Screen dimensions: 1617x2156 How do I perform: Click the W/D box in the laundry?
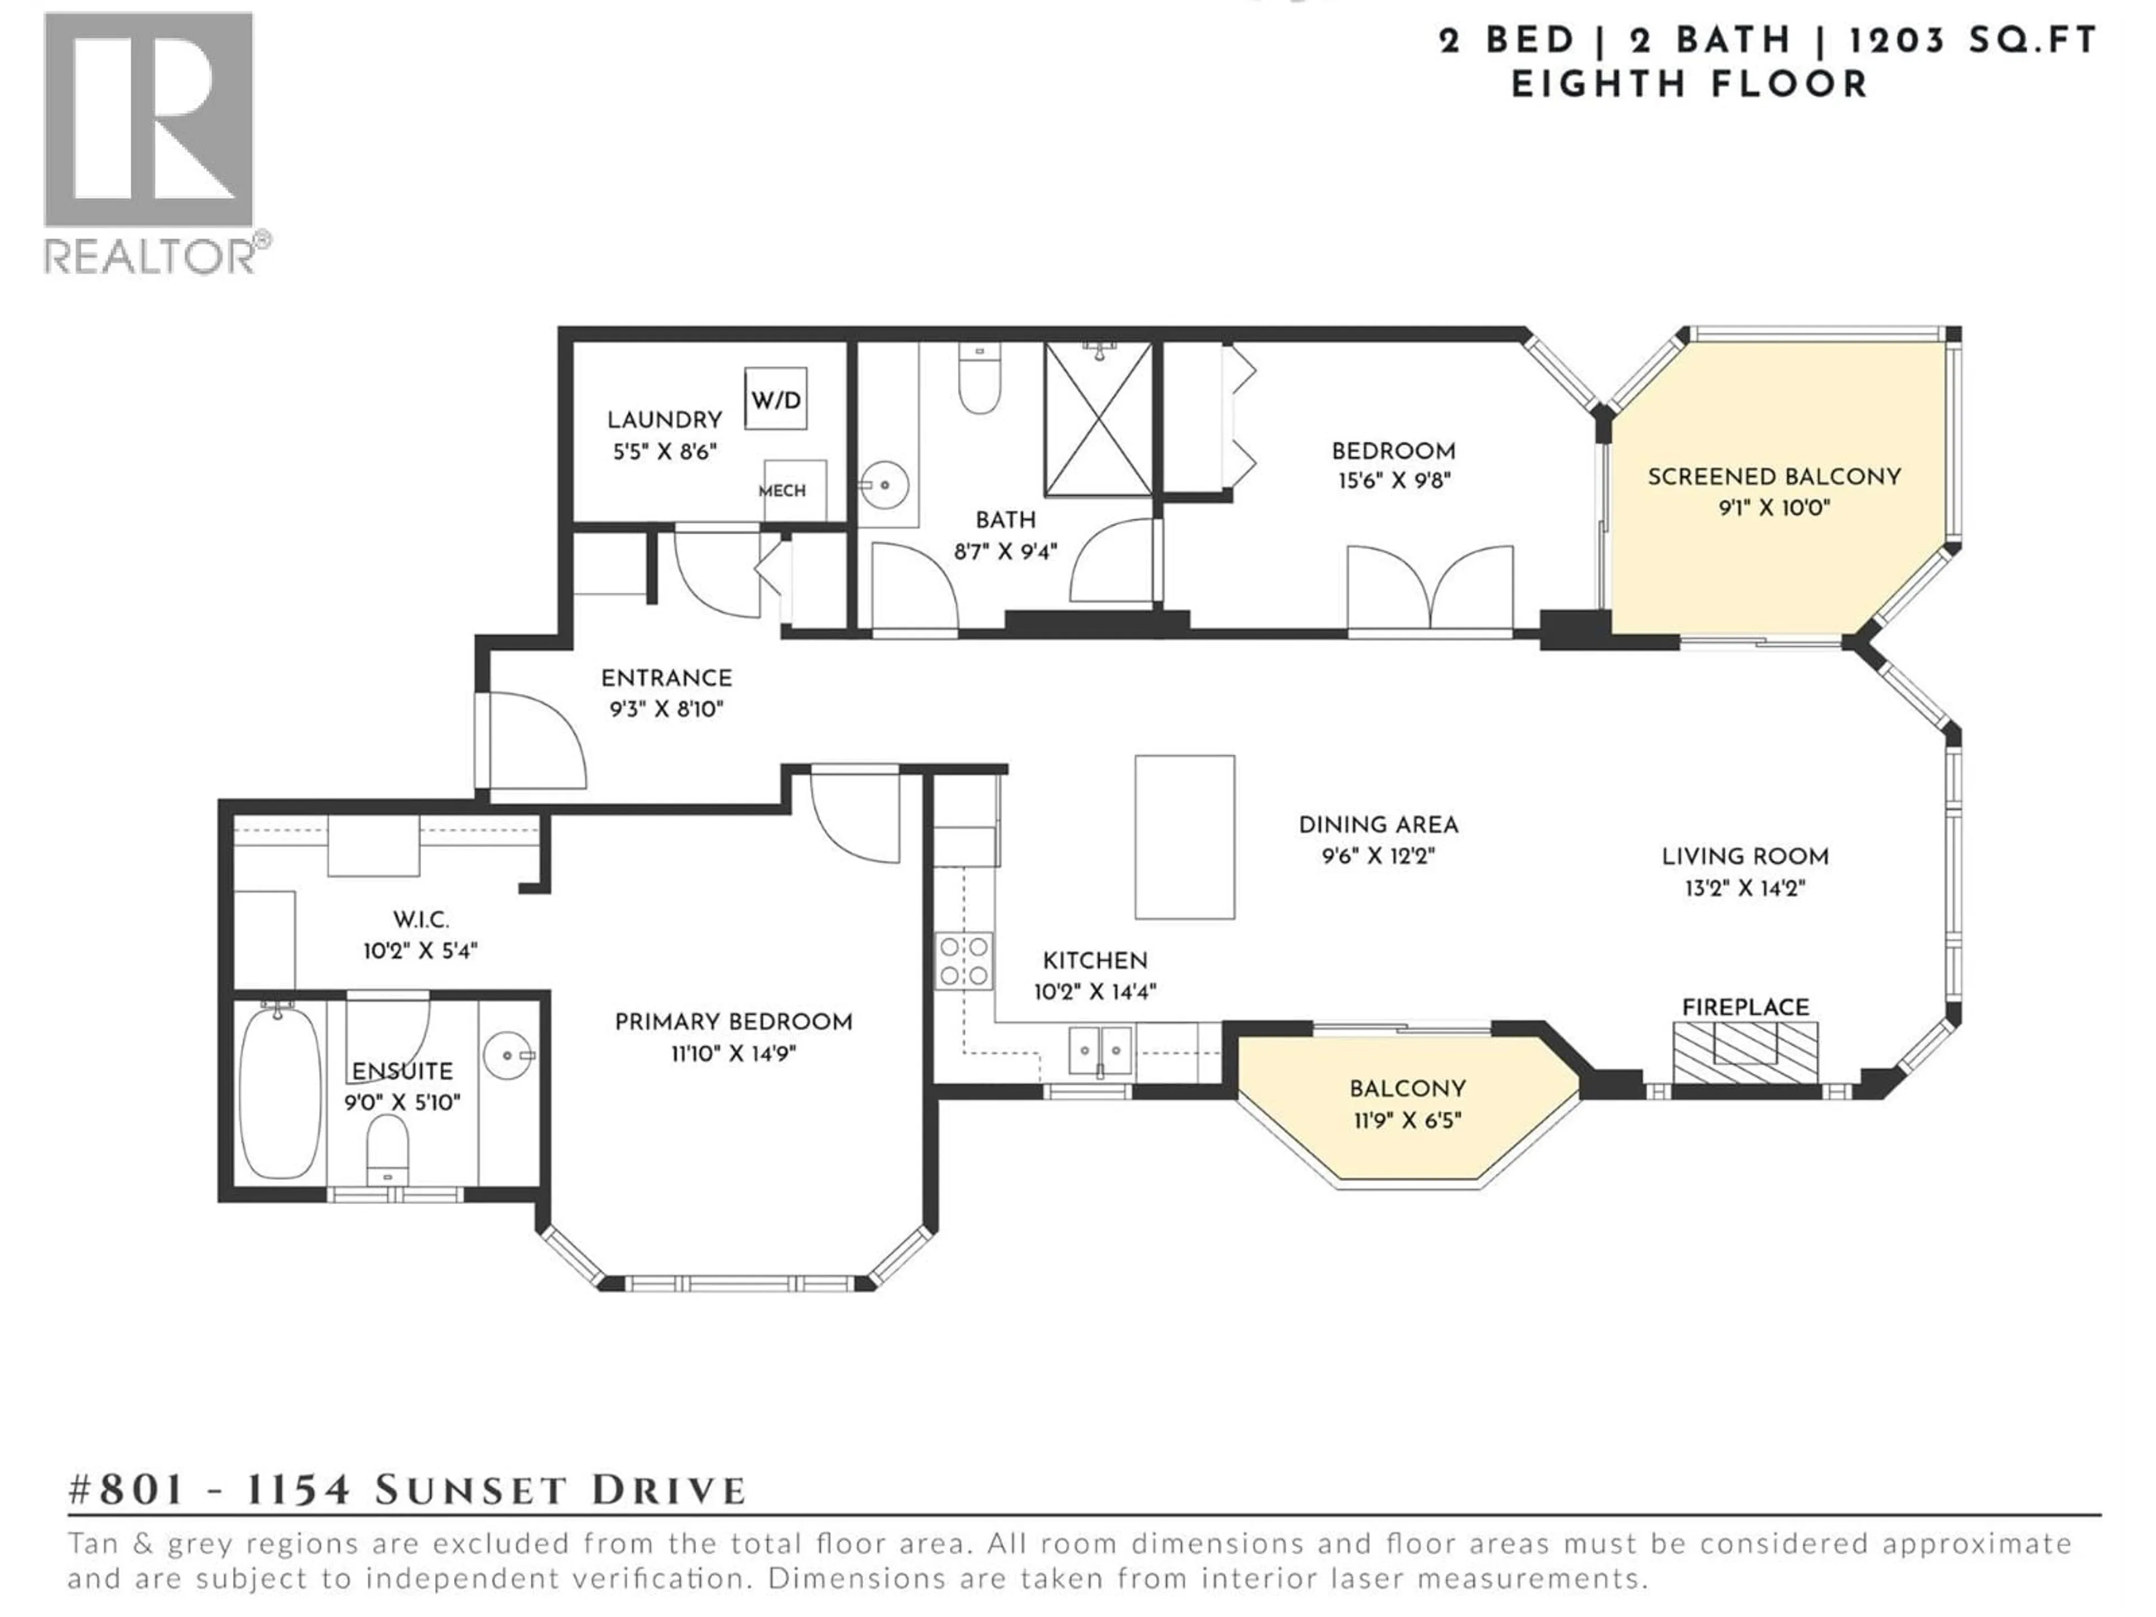pos(776,399)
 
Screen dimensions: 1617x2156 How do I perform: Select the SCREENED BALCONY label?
pos(1774,477)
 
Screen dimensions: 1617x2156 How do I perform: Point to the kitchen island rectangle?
pos(1184,837)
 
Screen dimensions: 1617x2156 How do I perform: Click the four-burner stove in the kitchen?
pos(964,961)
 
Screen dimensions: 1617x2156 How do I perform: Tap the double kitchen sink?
pos(1100,1050)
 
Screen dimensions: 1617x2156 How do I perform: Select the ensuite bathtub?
pos(280,1093)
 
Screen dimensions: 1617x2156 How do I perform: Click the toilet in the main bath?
pos(980,380)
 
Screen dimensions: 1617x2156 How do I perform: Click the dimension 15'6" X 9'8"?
pos(1394,481)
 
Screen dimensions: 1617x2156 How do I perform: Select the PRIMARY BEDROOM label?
pos(733,1021)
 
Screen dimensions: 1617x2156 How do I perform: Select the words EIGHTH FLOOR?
pos(1689,85)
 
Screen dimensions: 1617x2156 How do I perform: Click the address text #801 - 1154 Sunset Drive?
pos(408,1490)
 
